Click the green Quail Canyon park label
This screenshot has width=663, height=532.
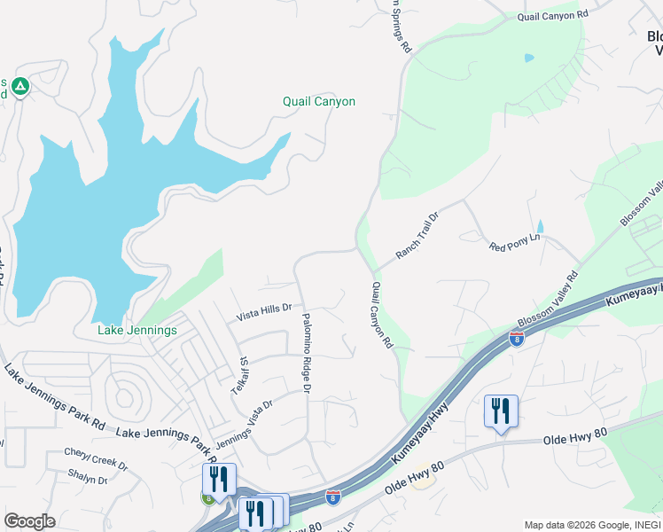point(319,102)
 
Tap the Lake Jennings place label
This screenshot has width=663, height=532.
point(137,331)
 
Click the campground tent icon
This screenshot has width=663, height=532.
point(21,87)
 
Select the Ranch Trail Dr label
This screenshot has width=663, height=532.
point(417,236)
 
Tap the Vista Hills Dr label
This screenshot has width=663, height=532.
point(264,309)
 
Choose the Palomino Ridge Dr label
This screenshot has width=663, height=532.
point(307,352)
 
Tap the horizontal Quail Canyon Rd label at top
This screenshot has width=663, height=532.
point(553,15)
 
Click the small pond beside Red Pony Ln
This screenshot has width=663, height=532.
point(540,227)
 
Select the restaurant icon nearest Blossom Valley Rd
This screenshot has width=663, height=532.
point(501,411)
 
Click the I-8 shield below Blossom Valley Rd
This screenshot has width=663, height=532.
point(516,338)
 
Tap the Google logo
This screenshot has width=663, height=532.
point(29,521)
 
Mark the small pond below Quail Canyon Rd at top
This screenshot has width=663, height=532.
point(529,59)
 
